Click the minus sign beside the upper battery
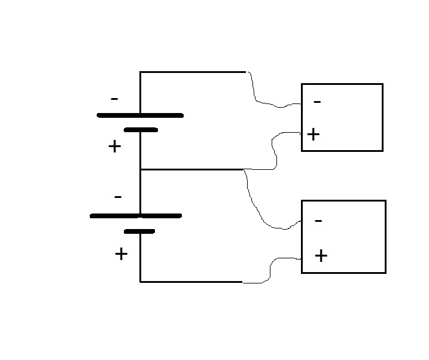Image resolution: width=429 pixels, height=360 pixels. pyautogui.click(x=114, y=99)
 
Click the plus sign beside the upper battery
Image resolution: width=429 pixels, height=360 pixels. pyautogui.click(x=115, y=147)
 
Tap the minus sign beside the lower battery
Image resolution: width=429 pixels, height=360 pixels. pyautogui.click(x=118, y=197)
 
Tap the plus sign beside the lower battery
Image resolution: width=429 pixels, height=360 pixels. pyautogui.click(x=121, y=254)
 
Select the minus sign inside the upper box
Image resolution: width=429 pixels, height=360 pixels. pyautogui.click(x=317, y=102)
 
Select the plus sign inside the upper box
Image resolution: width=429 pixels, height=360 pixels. pyautogui.click(x=314, y=134)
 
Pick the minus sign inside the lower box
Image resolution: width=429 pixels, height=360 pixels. pyautogui.click(x=318, y=221)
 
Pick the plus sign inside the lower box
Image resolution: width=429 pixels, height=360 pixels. pyautogui.click(x=321, y=256)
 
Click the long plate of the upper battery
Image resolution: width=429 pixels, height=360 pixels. pyautogui.click(x=140, y=115)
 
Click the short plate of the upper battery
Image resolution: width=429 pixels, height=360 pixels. pyautogui.click(x=141, y=130)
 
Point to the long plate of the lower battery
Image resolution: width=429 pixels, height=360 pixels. pyautogui.click(x=136, y=216)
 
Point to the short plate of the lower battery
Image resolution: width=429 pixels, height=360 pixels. pyautogui.click(x=139, y=231)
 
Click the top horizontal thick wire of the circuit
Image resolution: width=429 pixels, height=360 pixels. pyautogui.click(x=193, y=72)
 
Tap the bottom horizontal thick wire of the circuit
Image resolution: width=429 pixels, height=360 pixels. pyautogui.click(x=191, y=282)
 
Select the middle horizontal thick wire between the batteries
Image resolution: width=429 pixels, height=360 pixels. pyautogui.click(x=192, y=170)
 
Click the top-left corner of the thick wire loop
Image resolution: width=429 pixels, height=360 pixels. pyautogui.click(x=140, y=72)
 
